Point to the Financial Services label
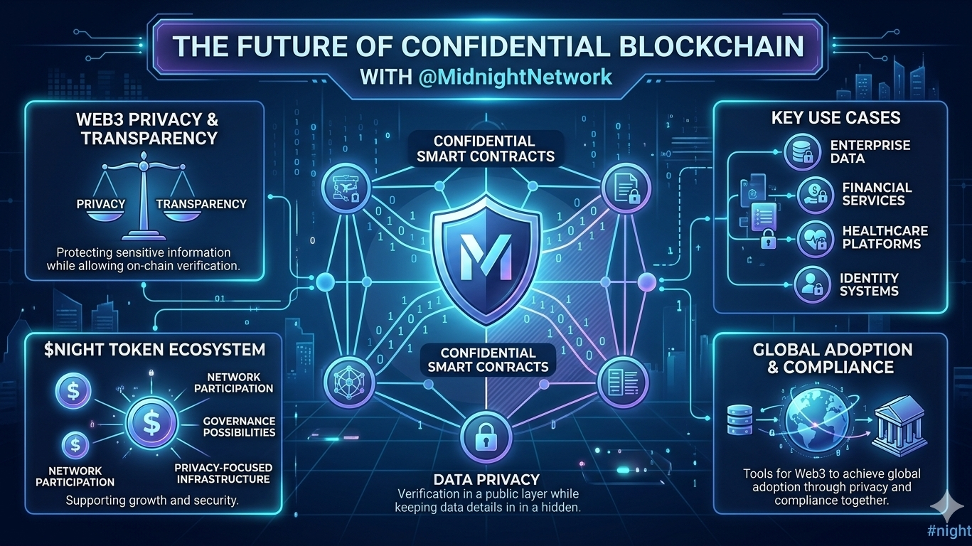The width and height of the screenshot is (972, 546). click(876, 193)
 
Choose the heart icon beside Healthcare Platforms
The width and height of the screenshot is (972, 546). click(812, 238)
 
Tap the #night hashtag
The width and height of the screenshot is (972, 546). click(949, 530)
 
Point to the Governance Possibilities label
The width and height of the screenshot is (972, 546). click(239, 427)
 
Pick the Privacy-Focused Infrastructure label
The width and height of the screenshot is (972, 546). click(223, 473)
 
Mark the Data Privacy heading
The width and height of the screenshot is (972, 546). click(486, 479)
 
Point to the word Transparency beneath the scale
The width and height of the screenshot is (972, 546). click(201, 204)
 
